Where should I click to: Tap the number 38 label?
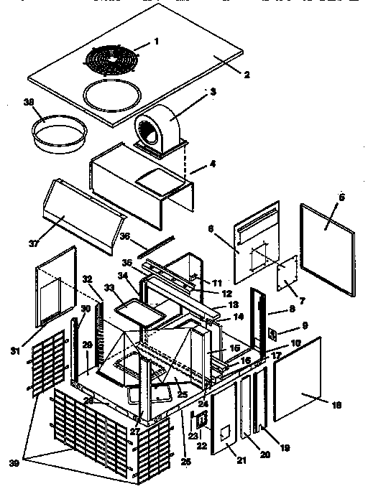29,103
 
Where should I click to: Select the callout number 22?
201,446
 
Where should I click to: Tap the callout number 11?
217,284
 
